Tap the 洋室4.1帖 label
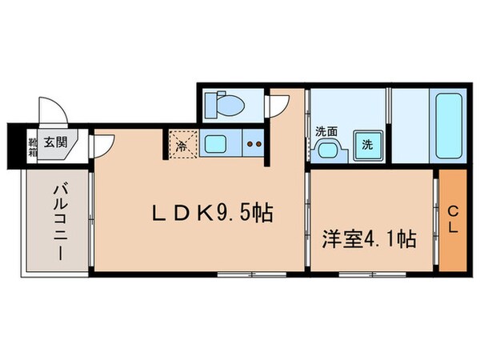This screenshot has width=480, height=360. tap(369, 238)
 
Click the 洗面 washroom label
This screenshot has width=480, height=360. tap(326, 131)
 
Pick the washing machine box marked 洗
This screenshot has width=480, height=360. tap(366, 145)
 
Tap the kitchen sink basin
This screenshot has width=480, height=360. tap(216, 145)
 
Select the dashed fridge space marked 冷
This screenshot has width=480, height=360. tap(182, 146)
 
